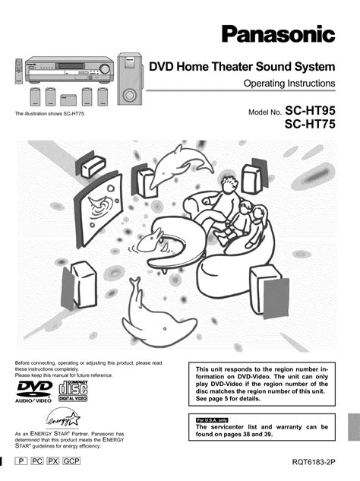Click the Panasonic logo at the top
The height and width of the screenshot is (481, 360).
(x=279, y=34)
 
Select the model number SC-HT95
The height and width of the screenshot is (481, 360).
(x=311, y=110)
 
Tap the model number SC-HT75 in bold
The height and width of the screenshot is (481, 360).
(x=310, y=124)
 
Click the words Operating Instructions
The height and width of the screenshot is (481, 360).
(x=289, y=83)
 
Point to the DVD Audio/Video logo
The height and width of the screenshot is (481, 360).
(x=34, y=391)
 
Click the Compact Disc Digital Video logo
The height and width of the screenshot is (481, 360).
(x=73, y=391)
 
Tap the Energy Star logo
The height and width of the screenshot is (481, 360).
(x=64, y=419)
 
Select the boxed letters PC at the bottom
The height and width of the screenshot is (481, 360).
(x=36, y=460)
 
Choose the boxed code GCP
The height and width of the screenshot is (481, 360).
(x=71, y=460)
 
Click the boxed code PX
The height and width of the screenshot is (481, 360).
(x=52, y=460)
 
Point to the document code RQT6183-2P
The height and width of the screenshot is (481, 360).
(x=314, y=462)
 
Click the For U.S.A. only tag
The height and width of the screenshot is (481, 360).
(x=212, y=420)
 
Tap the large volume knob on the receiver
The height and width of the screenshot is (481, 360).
(x=105, y=69)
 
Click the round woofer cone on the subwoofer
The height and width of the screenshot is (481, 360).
(x=129, y=95)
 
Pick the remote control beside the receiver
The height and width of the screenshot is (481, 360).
(x=19, y=71)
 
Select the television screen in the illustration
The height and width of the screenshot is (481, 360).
(x=98, y=209)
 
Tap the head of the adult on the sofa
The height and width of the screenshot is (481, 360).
(x=229, y=184)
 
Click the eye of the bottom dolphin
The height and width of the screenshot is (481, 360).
(x=165, y=329)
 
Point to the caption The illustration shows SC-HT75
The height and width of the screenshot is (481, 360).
(x=50, y=114)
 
